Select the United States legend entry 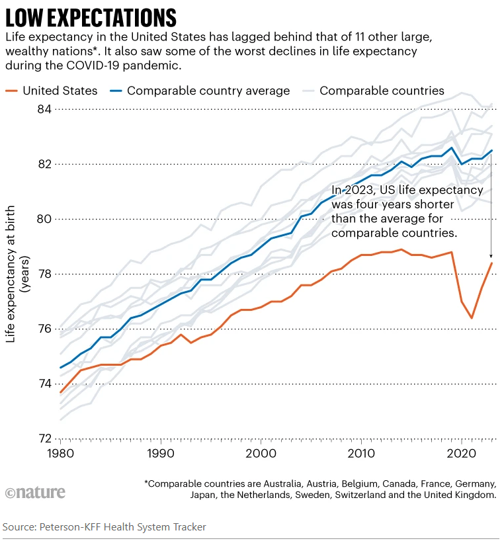click(x=60, y=91)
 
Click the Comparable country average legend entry click(x=208, y=91)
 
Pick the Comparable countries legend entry click(x=382, y=91)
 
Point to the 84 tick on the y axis click(x=44, y=108)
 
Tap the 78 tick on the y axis click(x=44, y=274)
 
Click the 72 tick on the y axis click(x=44, y=439)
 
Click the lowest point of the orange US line click(x=472, y=318)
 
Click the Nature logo click(x=35, y=493)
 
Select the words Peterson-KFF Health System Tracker click(x=122, y=527)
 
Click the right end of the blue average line click(x=491, y=150)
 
